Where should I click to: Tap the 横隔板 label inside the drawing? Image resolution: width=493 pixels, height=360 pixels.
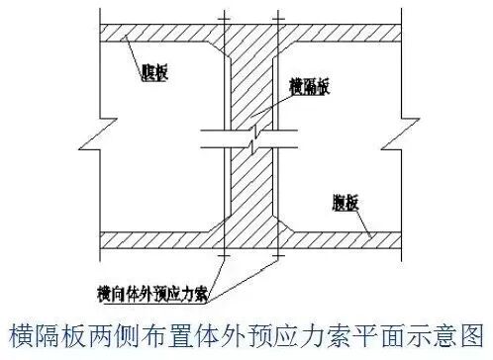(310, 87)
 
